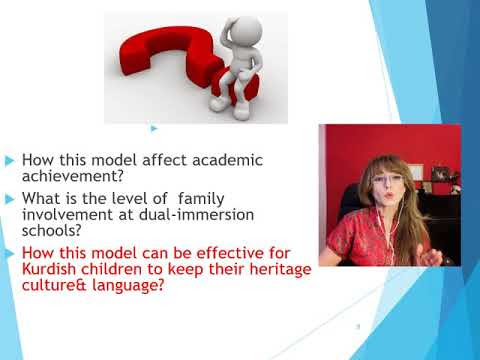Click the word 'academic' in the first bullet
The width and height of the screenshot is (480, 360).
(x=227, y=160)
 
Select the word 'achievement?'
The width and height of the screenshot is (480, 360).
(x=73, y=176)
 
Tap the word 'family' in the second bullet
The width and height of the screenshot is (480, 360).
(x=201, y=199)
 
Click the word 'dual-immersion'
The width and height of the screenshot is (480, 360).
(x=196, y=215)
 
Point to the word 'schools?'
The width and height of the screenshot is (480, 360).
(x=52, y=230)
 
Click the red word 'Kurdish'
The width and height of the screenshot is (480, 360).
(x=49, y=269)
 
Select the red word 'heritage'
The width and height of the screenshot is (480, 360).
(x=280, y=269)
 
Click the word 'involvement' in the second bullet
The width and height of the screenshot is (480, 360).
(x=67, y=215)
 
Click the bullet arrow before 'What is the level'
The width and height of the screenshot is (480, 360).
(x=10, y=199)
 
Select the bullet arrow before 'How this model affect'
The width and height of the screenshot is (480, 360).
(x=10, y=161)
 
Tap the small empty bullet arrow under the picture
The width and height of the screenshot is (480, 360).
(x=154, y=128)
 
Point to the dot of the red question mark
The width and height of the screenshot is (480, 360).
(x=235, y=85)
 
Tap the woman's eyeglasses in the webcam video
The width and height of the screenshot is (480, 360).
(x=387, y=181)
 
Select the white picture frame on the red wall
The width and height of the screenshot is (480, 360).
(x=415, y=172)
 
